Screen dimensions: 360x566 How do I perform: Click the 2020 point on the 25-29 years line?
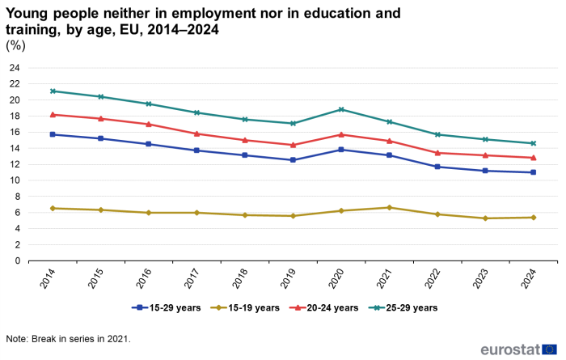341,109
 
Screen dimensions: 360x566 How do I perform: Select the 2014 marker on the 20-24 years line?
53,115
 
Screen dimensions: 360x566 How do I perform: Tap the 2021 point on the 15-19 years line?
390,207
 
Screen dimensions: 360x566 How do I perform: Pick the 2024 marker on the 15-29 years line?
534,172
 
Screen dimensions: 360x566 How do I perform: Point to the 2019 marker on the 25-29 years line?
294,123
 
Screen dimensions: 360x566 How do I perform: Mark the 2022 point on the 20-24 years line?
437,153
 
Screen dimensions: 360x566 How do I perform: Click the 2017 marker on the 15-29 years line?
197,150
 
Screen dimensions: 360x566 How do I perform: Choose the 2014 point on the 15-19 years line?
53,208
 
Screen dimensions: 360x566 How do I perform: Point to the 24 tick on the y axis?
14,68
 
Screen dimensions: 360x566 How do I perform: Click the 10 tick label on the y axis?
14,180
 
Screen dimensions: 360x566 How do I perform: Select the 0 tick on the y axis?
16,260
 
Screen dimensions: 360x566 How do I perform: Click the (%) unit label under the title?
16,46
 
